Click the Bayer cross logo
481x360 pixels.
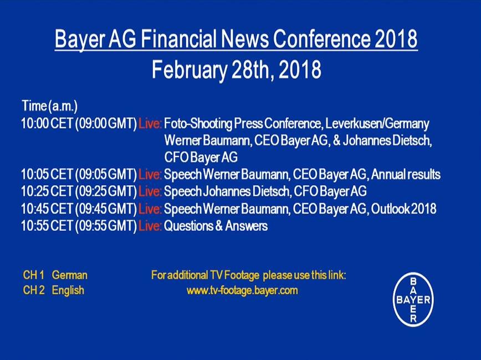click(x=413, y=299)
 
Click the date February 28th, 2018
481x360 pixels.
click(x=237, y=69)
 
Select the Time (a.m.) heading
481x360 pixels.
click(x=50, y=107)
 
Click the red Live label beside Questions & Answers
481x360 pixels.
click(x=150, y=226)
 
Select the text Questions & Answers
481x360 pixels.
click(x=216, y=226)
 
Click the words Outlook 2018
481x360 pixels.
click(x=403, y=209)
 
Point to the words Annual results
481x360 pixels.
click(x=406, y=175)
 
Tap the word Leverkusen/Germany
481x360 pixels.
click(x=377, y=124)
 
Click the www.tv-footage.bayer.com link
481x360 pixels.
click(x=242, y=291)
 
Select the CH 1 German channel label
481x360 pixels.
click(x=55, y=275)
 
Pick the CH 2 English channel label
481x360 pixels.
click(x=53, y=290)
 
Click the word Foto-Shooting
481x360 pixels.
click(x=198, y=124)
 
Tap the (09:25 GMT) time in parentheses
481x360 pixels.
click(x=106, y=191)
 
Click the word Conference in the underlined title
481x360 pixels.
click(x=322, y=38)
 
